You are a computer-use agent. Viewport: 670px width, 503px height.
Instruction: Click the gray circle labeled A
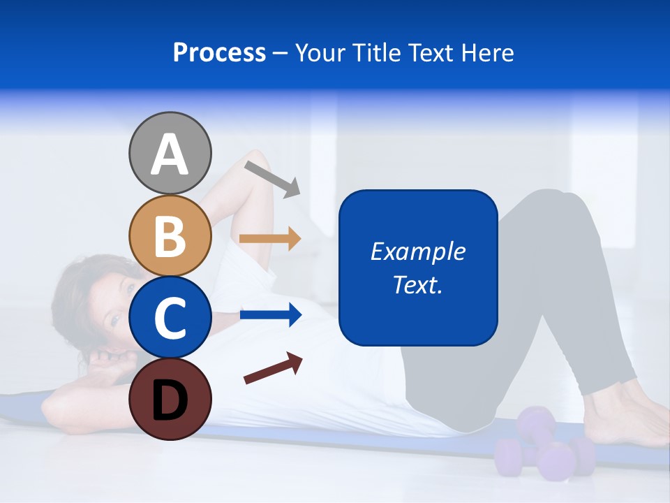[170, 153]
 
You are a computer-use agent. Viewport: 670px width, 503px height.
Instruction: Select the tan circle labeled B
[170, 235]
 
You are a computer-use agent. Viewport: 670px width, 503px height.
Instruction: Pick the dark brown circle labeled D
[170, 399]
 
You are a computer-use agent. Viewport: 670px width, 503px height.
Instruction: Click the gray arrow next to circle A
[272, 178]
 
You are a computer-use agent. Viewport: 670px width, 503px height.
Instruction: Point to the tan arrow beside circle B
[270, 238]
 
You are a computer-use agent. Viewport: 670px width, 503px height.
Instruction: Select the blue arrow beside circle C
[270, 315]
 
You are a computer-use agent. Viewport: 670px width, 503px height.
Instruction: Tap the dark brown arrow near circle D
[273, 368]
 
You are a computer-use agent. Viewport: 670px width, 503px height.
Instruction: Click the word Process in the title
[219, 53]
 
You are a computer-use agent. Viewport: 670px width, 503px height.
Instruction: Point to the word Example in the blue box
[417, 251]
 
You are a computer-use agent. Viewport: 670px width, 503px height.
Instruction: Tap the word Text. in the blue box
[417, 284]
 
